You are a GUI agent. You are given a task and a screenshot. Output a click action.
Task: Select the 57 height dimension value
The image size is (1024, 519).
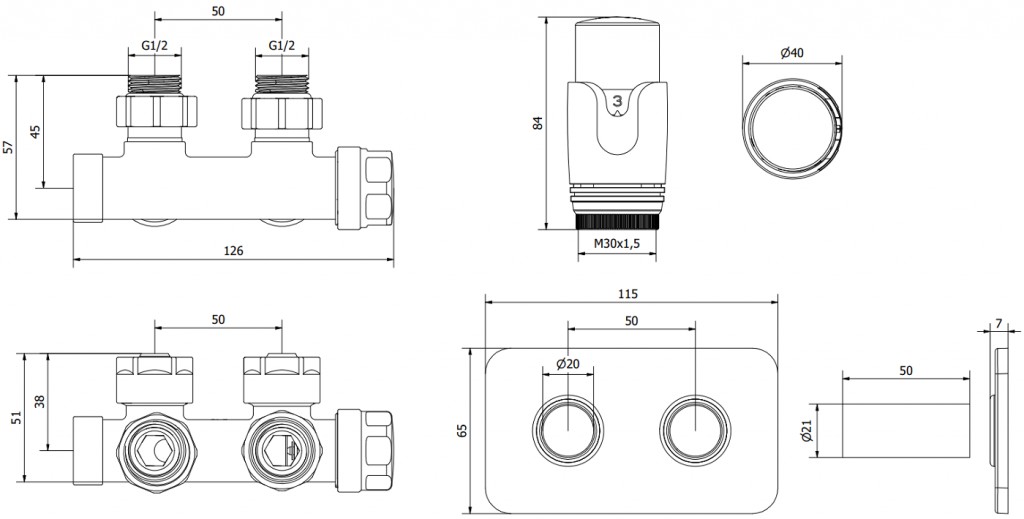[9, 147]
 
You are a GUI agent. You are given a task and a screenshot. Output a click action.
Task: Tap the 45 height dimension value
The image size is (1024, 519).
[35, 132]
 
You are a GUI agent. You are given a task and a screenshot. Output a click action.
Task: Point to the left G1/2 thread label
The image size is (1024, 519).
[155, 46]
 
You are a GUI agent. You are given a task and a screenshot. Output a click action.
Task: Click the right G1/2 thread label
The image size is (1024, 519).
[281, 46]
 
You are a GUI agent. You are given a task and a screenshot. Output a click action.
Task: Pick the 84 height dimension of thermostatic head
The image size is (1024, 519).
[537, 124]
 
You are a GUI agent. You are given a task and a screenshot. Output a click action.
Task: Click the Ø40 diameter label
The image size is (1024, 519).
[792, 53]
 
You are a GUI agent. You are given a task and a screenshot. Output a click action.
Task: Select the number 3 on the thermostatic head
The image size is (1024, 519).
[617, 100]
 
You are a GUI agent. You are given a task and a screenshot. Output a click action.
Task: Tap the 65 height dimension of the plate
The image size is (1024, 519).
[462, 430]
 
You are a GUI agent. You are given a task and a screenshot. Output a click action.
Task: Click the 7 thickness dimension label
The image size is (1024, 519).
[999, 324]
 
